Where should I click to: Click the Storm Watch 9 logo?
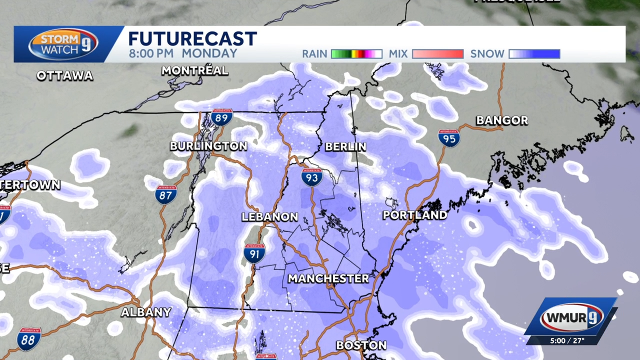point(63,44)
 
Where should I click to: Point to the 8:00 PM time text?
point(151,53)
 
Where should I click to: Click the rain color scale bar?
point(356,54)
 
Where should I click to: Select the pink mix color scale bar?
point(437,54)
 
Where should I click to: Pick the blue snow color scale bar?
point(534,54)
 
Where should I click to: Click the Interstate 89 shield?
point(221,117)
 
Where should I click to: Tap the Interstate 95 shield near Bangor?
point(449,138)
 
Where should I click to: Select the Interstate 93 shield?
point(311,177)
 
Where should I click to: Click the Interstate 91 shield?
point(254,253)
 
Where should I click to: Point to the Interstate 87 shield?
point(165,194)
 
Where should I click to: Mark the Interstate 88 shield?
point(29,339)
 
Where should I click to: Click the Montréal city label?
point(194,71)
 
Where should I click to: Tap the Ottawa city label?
point(65,76)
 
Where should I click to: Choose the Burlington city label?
point(208,146)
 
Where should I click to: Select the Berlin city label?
point(345,147)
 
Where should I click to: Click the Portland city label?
point(414,215)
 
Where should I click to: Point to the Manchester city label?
point(328,278)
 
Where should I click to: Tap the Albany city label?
point(146,312)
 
